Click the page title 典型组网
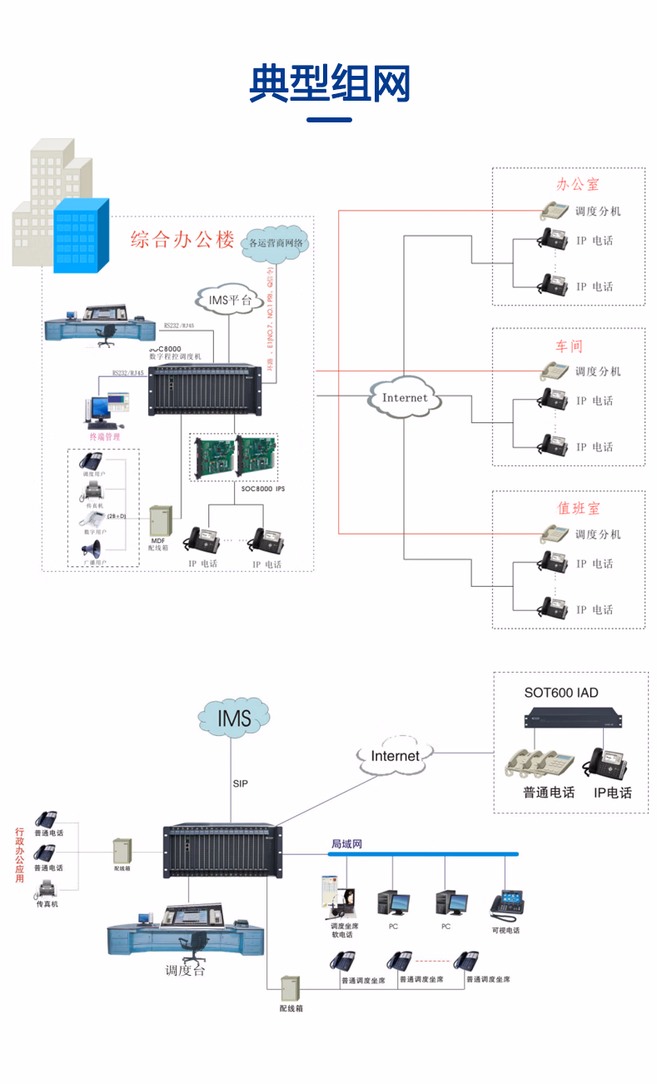click(330, 83)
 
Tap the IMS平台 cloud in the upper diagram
click(225, 299)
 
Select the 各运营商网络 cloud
click(276, 243)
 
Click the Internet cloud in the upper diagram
click(404, 398)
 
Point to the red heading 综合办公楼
click(182, 241)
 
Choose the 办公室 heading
click(578, 185)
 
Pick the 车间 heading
click(569, 346)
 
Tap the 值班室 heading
click(578, 508)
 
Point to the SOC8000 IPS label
click(262, 489)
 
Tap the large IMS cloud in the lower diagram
click(233, 719)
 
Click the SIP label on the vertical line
click(240, 783)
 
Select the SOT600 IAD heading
click(560, 693)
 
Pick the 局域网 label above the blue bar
click(346, 844)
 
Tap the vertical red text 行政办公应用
click(19, 855)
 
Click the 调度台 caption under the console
click(184, 971)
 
